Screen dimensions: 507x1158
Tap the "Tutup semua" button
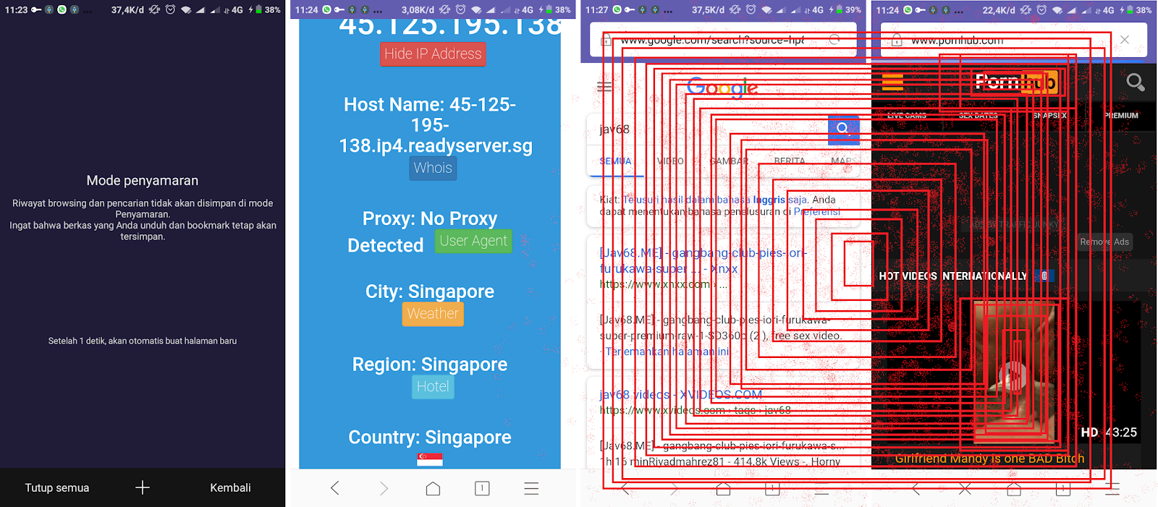click(57, 487)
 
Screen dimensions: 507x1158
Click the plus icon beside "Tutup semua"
click(143, 487)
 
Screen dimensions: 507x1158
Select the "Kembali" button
click(230, 487)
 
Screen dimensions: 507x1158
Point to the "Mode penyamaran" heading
click(143, 181)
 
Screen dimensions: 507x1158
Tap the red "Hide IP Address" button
click(433, 54)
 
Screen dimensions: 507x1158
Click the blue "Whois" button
click(433, 168)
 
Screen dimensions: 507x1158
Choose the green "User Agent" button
click(473, 241)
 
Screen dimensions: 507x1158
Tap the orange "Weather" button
click(433, 314)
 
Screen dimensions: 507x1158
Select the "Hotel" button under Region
click(433, 386)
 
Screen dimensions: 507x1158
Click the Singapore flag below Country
click(430, 459)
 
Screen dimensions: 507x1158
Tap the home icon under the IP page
click(433, 489)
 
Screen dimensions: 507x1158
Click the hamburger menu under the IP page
click(531, 489)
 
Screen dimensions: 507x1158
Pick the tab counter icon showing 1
click(482, 488)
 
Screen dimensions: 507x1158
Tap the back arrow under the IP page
click(335, 489)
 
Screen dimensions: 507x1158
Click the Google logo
click(722, 88)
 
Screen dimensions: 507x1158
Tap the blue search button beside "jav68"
click(843, 129)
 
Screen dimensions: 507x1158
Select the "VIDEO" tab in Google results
click(670, 161)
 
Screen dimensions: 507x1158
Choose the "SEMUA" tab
click(615, 161)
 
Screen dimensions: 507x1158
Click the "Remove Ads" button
click(1104, 242)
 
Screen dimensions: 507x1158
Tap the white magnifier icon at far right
click(1135, 82)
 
